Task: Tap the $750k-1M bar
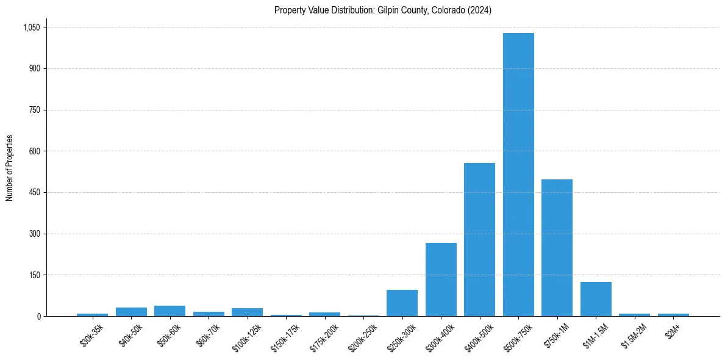[557, 248]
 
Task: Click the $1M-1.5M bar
[596, 299]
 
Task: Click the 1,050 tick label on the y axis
[31, 27]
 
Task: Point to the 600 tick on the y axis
[35, 151]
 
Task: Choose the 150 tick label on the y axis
[35, 275]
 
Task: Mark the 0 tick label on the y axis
[38, 316]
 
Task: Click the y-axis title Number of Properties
[9, 168]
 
